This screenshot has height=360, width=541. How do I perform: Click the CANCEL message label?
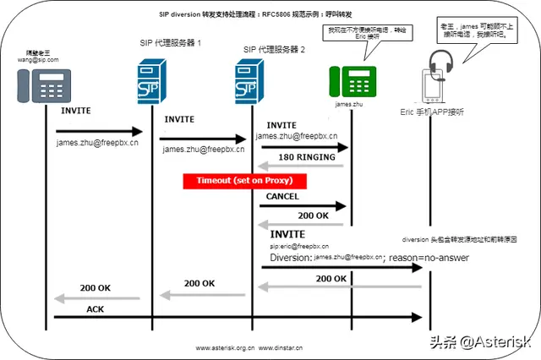[x=282, y=196]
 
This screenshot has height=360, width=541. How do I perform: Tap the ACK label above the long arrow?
[x=95, y=309]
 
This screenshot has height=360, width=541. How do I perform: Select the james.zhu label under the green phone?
[x=350, y=105]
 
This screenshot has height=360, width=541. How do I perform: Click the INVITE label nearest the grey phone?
[x=75, y=111]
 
